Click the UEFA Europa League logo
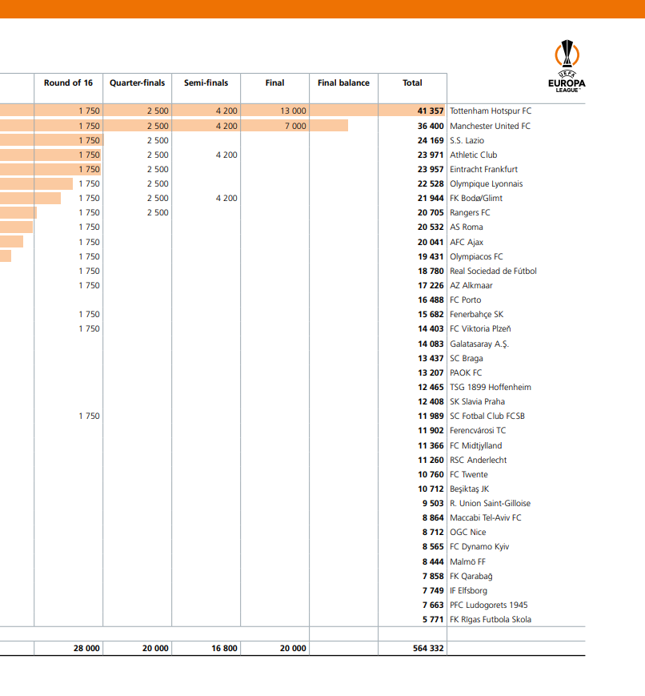click(567, 66)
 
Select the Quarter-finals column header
click(137, 83)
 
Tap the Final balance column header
click(343, 83)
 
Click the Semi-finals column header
click(206, 83)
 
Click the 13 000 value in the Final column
click(293, 111)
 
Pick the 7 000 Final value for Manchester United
click(294, 126)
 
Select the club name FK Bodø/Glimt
click(476, 198)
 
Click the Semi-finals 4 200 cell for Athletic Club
click(226, 155)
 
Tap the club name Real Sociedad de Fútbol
click(493, 271)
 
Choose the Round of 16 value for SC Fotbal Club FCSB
click(89, 416)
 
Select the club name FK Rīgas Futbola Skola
click(490, 619)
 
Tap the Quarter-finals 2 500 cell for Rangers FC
click(158, 212)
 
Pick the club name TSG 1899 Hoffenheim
click(490, 387)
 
